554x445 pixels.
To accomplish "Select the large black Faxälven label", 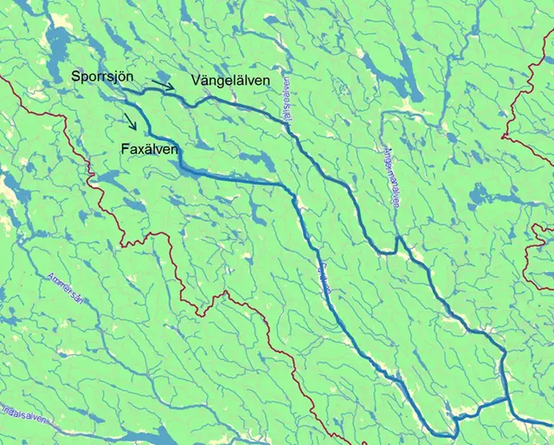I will coord(150,150).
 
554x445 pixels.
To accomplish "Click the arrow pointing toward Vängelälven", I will coord(163,84).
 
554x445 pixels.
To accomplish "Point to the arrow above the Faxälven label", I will coord(129,119).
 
